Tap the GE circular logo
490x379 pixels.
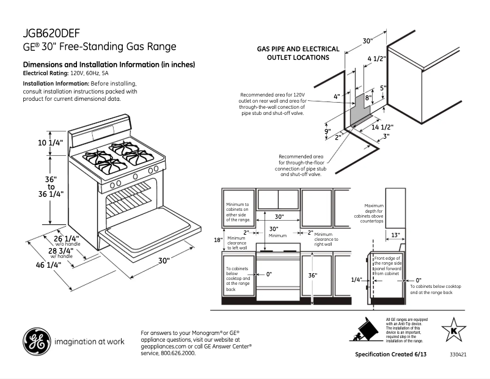(36, 342)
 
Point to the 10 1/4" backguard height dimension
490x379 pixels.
(35, 142)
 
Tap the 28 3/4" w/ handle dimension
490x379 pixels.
(61, 251)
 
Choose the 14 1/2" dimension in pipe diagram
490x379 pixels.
(382, 127)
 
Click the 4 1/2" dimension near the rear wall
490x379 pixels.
(376, 59)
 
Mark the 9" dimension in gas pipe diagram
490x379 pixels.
(327, 131)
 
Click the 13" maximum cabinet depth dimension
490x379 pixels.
(395, 235)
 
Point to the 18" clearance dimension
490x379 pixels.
(218, 240)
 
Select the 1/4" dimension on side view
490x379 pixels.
(357, 279)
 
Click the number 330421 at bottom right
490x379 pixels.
(458, 355)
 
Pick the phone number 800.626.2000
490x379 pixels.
(178, 353)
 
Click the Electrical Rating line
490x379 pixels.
(65, 73)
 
